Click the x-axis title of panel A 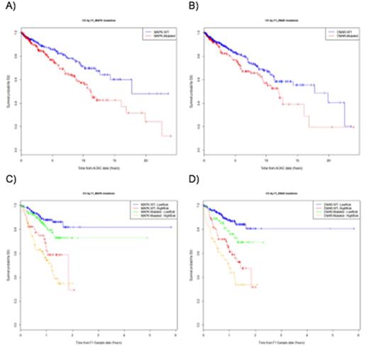click(x=96, y=169)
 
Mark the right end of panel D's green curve click(x=303, y=242)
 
